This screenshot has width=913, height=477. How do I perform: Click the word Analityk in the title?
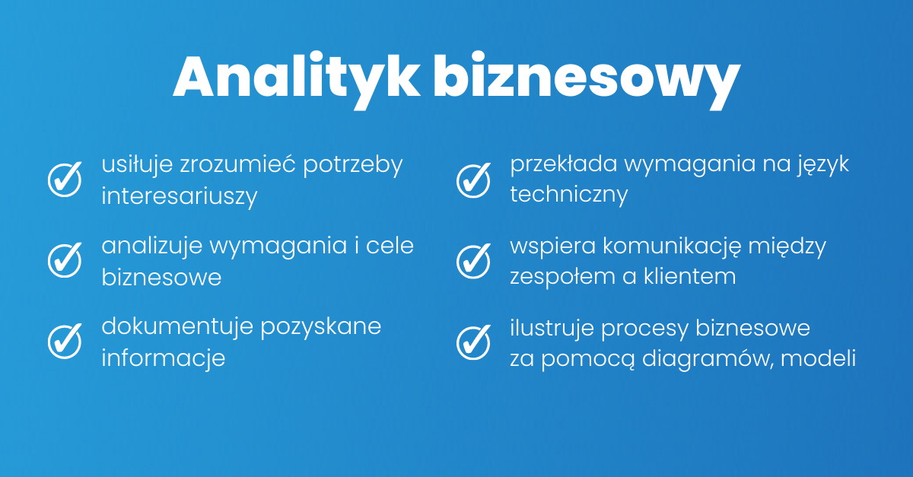(x=296, y=77)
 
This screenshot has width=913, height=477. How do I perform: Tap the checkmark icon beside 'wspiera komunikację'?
(x=474, y=259)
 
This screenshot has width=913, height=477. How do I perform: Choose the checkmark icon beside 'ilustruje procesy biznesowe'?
(x=474, y=340)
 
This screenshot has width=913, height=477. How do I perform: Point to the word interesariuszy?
(x=180, y=196)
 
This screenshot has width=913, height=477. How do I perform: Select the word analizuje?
(x=151, y=246)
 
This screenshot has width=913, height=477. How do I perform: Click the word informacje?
(x=164, y=358)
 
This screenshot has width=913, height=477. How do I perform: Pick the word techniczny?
(x=569, y=196)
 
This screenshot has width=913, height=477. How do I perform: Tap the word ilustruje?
(x=552, y=327)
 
